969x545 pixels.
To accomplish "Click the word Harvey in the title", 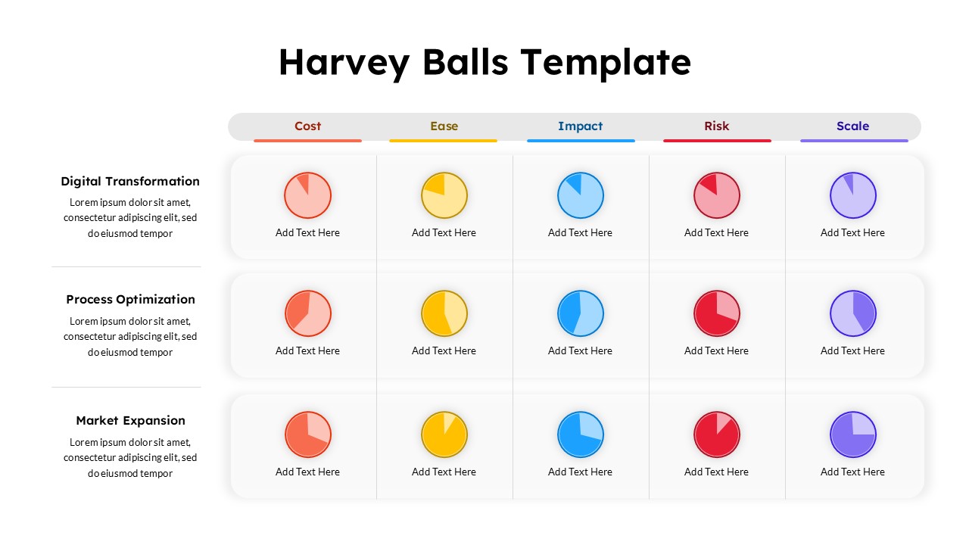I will (344, 62).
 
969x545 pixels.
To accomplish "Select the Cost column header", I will (307, 126).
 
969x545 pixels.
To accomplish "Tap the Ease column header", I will (444, 126).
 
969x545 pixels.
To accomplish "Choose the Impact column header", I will (580, 126).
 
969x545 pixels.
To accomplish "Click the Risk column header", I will (716, 126).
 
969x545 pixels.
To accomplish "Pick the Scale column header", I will (852, 126).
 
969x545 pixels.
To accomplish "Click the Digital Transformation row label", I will (130, 181).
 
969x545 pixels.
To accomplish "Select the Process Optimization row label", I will (130, 299).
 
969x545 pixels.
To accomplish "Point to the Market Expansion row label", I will (130, 420).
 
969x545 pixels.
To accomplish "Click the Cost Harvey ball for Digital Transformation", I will (307, 195).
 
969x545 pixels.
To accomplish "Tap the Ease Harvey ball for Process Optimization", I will (444, 313).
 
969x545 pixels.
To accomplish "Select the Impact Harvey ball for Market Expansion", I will (581, 434).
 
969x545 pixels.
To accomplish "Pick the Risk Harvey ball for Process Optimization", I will (717, 313).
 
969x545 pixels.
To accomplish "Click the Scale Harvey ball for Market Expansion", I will (853, 434).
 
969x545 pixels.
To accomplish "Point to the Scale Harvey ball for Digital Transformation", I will (853, 195).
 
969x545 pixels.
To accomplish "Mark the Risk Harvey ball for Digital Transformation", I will (717, 195).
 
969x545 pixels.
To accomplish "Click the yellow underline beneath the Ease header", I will (444, 141).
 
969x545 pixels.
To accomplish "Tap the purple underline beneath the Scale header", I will (854, 141).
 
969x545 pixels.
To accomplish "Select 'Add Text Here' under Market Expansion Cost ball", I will (307, 472).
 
